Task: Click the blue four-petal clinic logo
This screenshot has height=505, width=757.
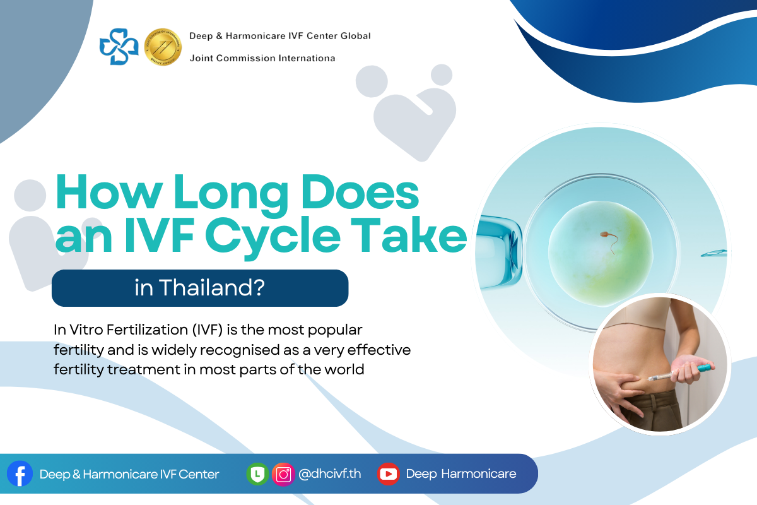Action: click(x=119, y=47)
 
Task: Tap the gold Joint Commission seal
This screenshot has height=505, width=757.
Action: click(x=163, y=47)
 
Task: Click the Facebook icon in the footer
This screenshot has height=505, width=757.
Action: click(x=20, y=473)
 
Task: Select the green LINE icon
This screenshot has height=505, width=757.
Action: click(x=257, y=474)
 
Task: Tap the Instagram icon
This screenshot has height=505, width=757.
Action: click(x=283, y=474)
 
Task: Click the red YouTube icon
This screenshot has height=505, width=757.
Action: click(x=389, y=474)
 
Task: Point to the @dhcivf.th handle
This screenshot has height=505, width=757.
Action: click(x=330, y=474)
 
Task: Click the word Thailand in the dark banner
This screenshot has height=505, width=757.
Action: click(x=212, y=287)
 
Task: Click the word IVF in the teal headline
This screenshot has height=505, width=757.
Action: click(x=159, y=235)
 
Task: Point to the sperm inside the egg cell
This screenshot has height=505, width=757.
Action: click(x=609, y=241)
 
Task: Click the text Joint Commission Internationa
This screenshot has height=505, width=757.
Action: click(x=262, y=58)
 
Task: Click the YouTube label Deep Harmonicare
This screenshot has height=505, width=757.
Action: click(x=461, y=474)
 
